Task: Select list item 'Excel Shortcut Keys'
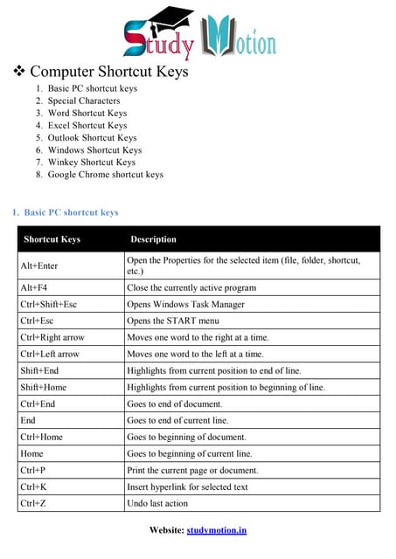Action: [x=87, y=125]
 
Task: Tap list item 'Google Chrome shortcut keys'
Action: [x=105, y=174]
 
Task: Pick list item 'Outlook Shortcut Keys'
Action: [x=92, y=137]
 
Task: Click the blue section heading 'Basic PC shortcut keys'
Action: [x=71, y=212]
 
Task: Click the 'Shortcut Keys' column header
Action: [x=52, y=239]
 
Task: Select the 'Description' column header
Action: [x=153, y=239]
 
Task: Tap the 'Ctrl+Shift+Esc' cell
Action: [x=49, y=304]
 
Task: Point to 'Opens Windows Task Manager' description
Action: [x=185, y=304]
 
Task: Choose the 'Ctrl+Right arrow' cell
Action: [x=52, y=337]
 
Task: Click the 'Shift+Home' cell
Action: [x=43, y=387]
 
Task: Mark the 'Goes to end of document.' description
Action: [x=175, y=404]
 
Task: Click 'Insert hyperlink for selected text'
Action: [x=187, y=487]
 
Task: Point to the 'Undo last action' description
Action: [x=157, y=503]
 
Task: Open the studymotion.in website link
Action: [x=216, y=530]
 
